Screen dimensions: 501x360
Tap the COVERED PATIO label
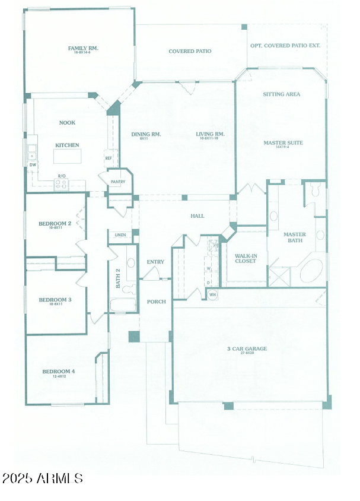coord(190,52)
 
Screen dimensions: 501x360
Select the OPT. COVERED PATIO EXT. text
coord(285,45)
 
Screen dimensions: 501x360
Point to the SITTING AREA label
coord(281,94)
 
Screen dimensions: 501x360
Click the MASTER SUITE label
coord(283,142)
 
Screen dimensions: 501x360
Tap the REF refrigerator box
coord(109,158)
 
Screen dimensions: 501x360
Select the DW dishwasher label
coord(33,164)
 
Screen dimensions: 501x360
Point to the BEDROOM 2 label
coord(55,224)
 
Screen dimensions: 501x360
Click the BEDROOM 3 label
coord(55,300)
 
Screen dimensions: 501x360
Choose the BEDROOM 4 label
coord(58,372)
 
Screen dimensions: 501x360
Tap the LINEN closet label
coord(120,235)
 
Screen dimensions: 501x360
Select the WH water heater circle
coord(212,294)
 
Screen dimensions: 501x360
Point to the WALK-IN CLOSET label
coord(245,258)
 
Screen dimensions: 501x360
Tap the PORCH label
coord(155,302)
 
